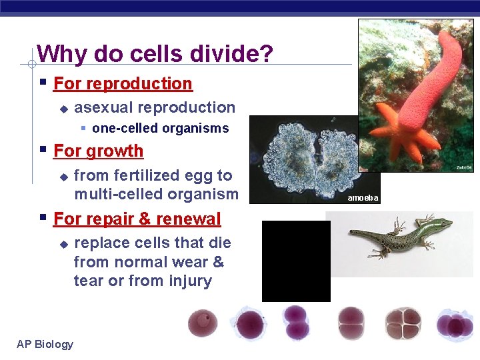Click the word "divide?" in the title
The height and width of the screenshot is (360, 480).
pyautogui.click(x=232, y=54)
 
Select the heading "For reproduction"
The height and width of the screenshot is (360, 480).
pyautogui.click(x=123, y=84)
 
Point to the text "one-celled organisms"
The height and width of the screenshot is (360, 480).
pyautogui.click(x=160, y=128)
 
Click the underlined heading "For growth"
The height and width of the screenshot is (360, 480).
pyautogui.click(x=98, y=151)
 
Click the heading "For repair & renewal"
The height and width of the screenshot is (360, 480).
pyautogui.click(x=137, y=219)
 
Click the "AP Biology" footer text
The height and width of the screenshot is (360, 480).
pyautogui.click(x=45, y=344)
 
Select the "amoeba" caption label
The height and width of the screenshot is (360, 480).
pyautogui.click(x=363, y=198)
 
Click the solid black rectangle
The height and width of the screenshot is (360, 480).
pyautogui.click(x=296, y=261)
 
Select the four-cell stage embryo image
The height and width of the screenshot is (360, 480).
pyautogui.click(x=403, y=323)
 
